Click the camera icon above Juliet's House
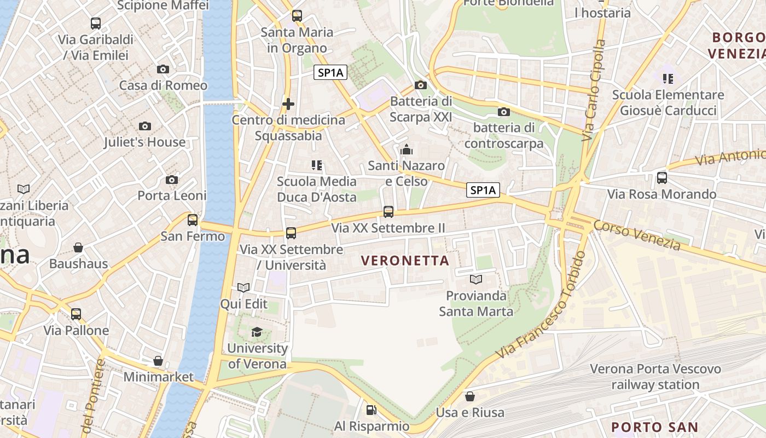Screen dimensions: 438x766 click(145, 126)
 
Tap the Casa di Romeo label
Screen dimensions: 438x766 click(163, 85)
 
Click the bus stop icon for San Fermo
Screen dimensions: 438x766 click(193, 220)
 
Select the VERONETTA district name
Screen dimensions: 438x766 click(405, 261)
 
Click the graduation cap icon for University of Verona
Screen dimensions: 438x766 click(257, 332)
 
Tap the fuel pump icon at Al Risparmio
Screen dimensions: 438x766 click(371, 410)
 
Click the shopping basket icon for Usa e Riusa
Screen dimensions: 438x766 click(470, 396)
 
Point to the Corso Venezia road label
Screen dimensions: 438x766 click(637, 235)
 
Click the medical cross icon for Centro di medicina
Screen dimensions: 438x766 click(288, 103)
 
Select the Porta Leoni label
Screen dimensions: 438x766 click(172, 195)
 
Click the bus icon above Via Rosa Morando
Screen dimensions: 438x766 click(662, 177)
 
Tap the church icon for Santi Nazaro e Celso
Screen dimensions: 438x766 click(407, 149)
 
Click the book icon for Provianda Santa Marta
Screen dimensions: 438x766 click(476, 279)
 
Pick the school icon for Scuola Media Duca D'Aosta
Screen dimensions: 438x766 click(316, 165)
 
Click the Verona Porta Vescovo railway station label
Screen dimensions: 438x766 click(655, 377)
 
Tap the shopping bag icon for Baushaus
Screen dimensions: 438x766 click(78, 247)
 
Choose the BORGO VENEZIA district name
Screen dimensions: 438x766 click(736, 45)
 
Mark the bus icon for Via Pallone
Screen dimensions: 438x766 click(76, 314)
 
